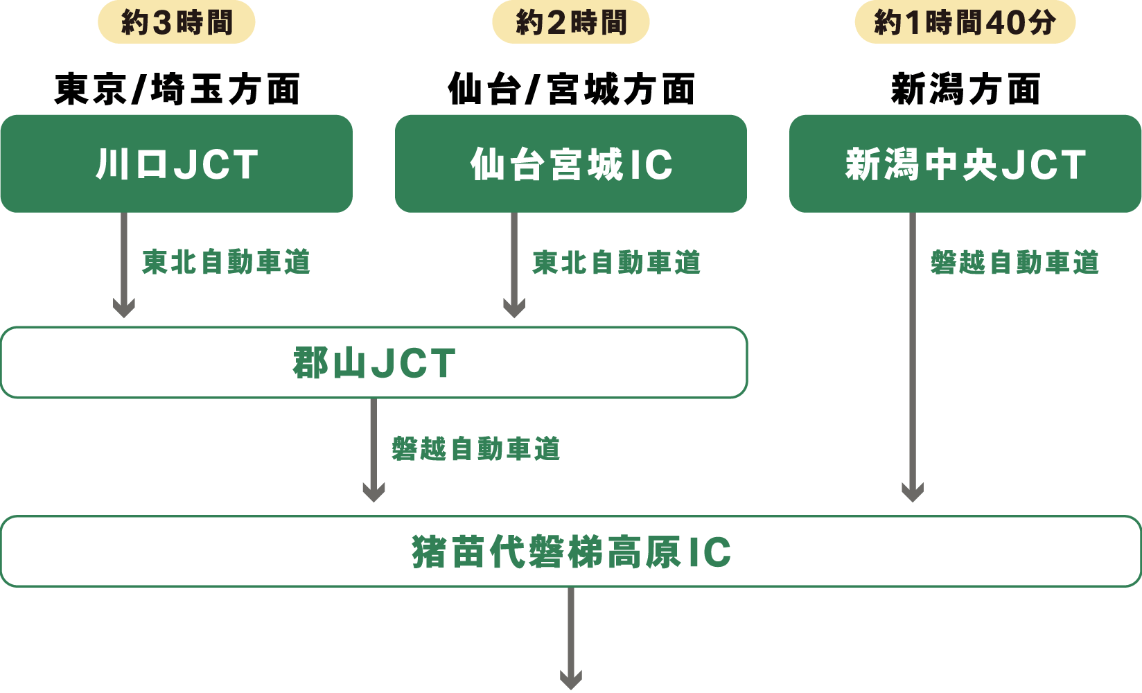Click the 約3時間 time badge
177,23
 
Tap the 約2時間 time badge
571,23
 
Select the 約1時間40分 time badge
965,23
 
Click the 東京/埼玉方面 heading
177,89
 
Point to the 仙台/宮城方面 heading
571,89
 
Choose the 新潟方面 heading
965,89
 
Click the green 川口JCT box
177,164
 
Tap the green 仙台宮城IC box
571,164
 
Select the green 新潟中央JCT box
965,164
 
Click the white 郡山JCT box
374,362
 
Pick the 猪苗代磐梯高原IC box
571,552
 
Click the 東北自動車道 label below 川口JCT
226,263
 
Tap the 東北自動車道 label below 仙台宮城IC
616,263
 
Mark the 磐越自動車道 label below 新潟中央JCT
1014,263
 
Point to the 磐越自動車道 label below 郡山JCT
475,449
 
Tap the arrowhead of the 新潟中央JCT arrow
913,491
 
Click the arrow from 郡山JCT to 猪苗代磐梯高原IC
374,450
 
